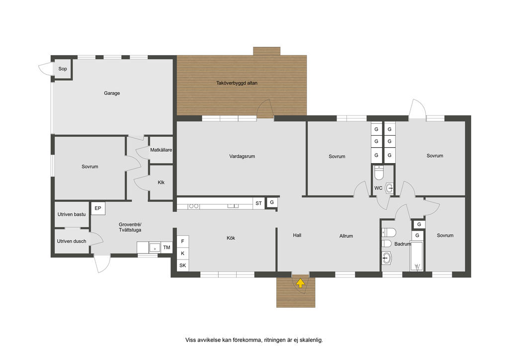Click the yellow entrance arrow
[301, 283]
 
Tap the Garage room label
[112, 93]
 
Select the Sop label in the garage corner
[63, 69]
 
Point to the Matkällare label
[161, 150]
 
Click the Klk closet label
[161, 182]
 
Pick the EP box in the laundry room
[98, 208]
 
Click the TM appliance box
[167, 248]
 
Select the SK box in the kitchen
[183, 265]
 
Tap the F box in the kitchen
[183, 241]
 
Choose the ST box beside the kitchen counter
[258, 203]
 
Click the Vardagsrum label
[242, 156]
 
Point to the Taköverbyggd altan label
[237, 83]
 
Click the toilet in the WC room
[379, 173]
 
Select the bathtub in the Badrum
[417, 257]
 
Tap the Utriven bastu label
[72, 214]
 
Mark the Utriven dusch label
[72, 241]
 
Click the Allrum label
[346, 236]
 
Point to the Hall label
[297, 235]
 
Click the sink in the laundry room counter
[155, 248]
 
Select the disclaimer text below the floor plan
[254, 340]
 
